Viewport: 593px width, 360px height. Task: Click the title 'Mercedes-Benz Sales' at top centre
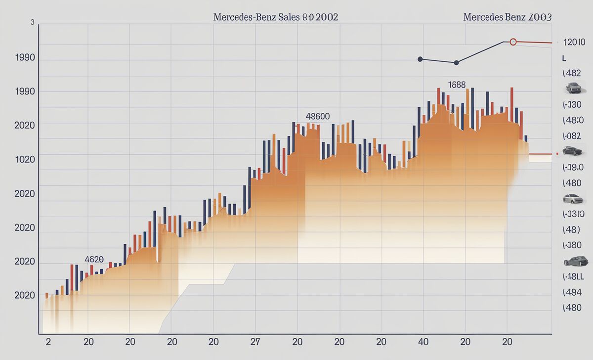pyautogui.click(x=276, y=17)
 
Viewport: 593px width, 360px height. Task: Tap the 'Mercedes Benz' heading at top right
pyautogui.click(x=508, y=17)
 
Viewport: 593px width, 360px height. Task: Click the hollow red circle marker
pyautogui.click(x=513, y=42)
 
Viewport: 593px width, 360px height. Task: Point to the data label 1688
pyautogui.click(x=457, y=85)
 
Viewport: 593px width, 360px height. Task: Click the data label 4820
pyautogui.click(x=94, y=259)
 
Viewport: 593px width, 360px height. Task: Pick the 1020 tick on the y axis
pyautogui.click(x=25, y=160)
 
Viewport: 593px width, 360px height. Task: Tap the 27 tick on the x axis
pyautogui.click(x=255, y=342)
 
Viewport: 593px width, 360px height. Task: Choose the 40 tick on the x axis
pyautogui.click(x=423, y=342)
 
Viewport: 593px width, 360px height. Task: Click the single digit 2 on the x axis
pyautogui.click(x=48, y=342)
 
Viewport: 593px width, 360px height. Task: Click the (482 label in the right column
pyautogui.click(x=572, y=73)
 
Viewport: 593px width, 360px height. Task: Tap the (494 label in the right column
pyautogui.click(x=572, y=292)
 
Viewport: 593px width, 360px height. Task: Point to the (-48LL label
pyautogui.click(x=573, y=276)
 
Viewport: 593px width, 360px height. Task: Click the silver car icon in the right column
pyautogui.click(x=573, y=199)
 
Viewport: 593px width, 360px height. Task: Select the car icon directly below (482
pyautogui.click(x=573, y=88)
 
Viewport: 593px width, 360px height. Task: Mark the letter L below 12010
pyautogui.click(x=564, y=58)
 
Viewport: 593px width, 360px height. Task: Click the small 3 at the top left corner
pyautogui.click(x=33, y=22)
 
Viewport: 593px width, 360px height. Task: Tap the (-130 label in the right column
pyautogui.click(x=572, y=104)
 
